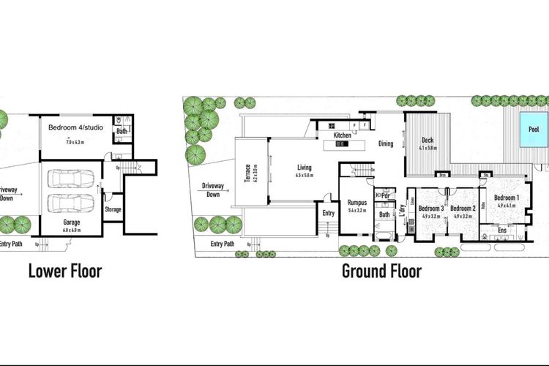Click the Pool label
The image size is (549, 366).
pyautogui.click(x=534, y=130)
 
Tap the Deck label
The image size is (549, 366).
pyautogui.click(x=429, y=141)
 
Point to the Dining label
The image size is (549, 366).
pyautogui.click(x=386, y=144)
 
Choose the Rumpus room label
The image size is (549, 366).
pyautogui.click(x=356, y=203)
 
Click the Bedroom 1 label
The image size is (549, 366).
pyautogui.click(x=507, y=198)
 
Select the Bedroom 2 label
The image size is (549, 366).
pyautogui.click(x=464, y=209)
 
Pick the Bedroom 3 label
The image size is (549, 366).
pyautogui.click(x=430, y=209)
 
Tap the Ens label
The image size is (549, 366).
pyautogui.click(x=502, y=231)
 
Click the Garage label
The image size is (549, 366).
pyautogui.click(x=71, y=222)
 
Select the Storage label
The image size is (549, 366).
pyautogui.click(x=113, y=209)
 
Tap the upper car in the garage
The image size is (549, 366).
pyautogui.click(x=70, y=179)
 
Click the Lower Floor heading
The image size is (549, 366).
pyautogui.click(x=64, y=272)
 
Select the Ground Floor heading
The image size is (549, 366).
pyautogui.click(x=381, y=272)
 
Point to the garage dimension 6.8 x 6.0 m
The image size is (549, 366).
pyautogui.click(x=71, y=230)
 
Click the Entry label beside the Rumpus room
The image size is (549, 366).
pyautogui.click(x=329, y=213)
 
